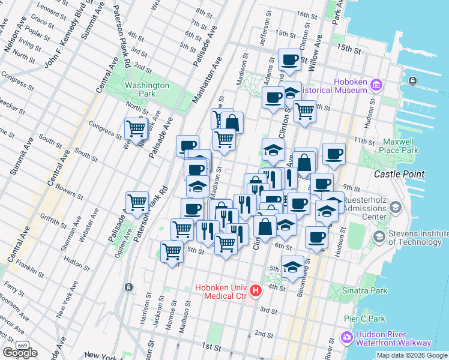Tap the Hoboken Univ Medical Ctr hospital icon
256,292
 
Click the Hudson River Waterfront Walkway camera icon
346,338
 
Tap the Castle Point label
399,174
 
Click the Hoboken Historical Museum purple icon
376,84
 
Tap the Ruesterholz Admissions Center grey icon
395,208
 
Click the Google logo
20,353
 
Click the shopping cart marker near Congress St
136,129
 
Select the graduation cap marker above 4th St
293,268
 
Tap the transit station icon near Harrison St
128,287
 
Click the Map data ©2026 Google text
412,355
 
